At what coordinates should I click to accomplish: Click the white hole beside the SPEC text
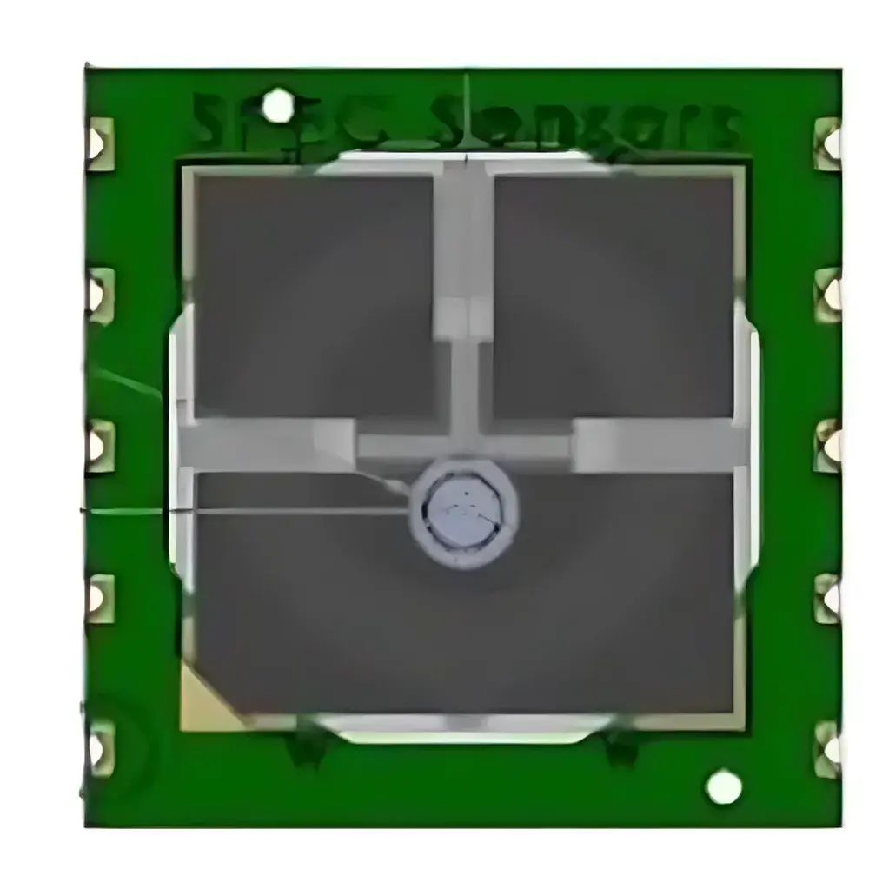coord(278,106)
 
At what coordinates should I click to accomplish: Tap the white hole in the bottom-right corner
coord(724,787)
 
